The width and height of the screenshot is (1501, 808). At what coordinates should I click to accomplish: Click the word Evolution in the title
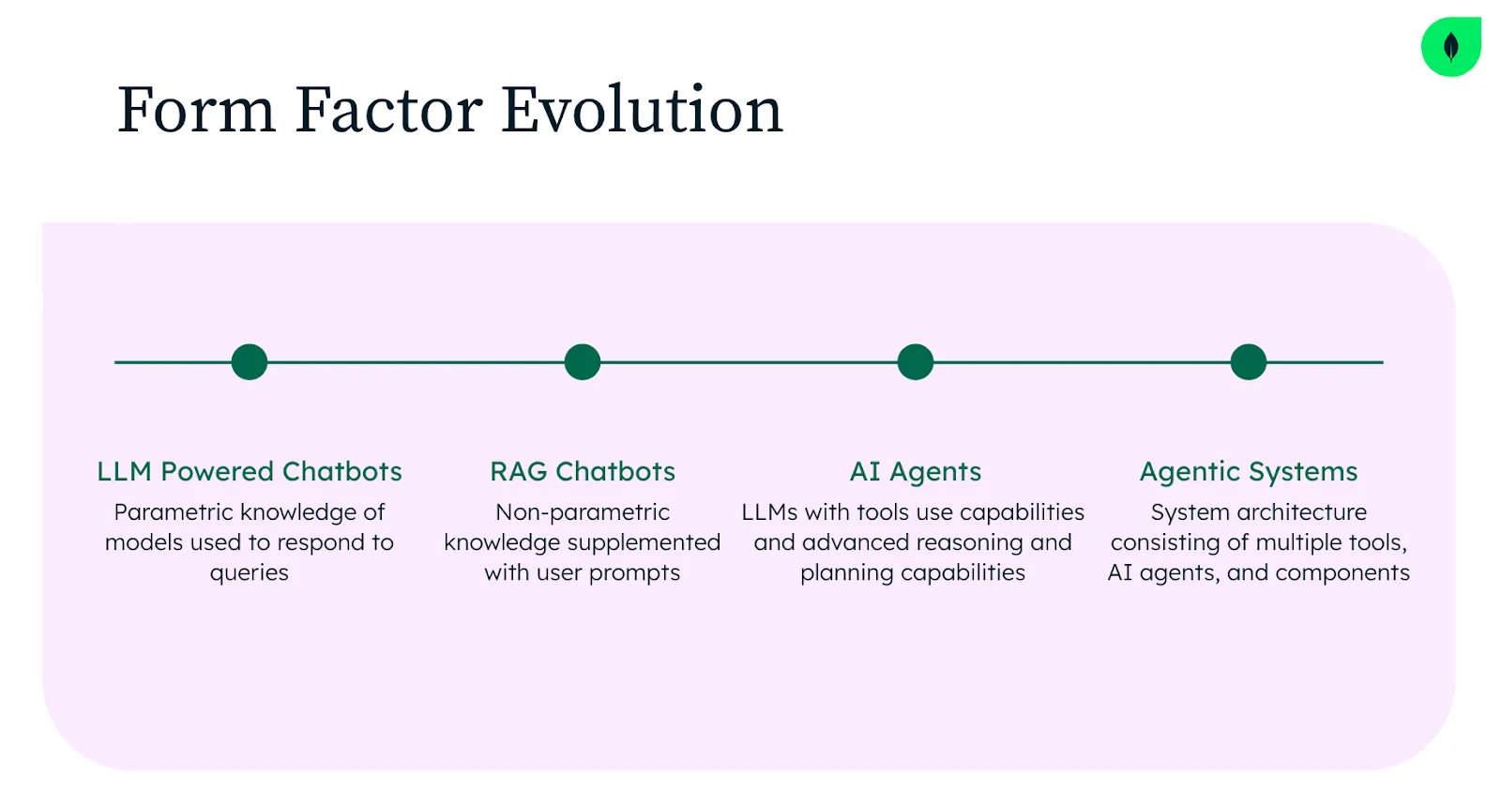pos(642,109)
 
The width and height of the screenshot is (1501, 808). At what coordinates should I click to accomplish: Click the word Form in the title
pos(196,109)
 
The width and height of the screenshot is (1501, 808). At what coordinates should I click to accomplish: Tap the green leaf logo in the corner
pos(1450,47)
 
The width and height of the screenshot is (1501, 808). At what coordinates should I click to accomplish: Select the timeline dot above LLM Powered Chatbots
pos(250,362)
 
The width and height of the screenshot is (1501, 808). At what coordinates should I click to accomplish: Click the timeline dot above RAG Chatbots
pos(583,362)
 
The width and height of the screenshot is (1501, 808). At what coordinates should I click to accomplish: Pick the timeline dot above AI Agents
pos(916,362)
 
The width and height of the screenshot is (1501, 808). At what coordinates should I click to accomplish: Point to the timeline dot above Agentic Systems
pos(1249,362)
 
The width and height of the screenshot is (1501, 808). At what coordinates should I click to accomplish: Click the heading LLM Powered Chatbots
pos(250,471)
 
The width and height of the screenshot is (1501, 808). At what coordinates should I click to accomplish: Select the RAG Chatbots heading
pos(583,471)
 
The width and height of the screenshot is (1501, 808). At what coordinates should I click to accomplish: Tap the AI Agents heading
pos(916,472)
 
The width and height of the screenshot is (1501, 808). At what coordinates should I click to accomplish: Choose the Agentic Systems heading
pos(1249,472)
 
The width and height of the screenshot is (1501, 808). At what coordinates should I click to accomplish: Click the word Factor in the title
pos(388,109)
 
